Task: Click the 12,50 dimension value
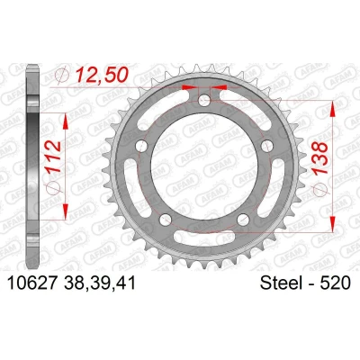[102, 75]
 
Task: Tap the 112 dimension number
[54, 157]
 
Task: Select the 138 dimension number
[320, 157]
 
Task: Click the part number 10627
[32, 283]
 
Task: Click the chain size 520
[335, 283]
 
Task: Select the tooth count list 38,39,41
[100, 283]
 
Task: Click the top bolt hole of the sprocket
[204, 100]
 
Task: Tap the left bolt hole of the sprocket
[141, 146]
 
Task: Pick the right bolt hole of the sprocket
[267, 146]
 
